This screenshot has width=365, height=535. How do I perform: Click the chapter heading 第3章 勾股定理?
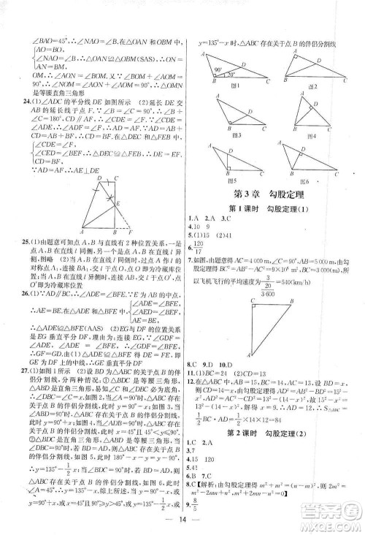272,194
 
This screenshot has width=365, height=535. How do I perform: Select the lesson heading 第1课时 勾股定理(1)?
272,208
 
